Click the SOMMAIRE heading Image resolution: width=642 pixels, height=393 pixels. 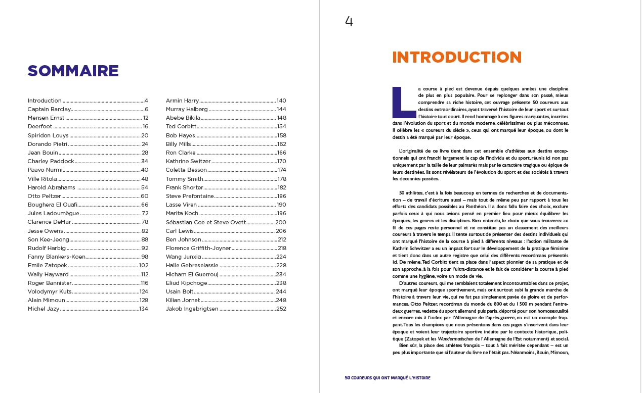73,71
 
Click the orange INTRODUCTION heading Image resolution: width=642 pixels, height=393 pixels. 456,57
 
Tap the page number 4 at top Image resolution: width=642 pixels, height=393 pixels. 349,21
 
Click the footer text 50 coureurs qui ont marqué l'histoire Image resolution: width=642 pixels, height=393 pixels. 387,377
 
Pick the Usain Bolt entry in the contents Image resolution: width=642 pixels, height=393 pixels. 180,291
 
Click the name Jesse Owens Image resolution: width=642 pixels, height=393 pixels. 45,231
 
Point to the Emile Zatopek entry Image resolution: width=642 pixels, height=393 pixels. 47,266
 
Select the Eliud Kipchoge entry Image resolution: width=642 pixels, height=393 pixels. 186,283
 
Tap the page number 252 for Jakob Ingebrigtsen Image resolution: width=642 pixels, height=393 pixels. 281,309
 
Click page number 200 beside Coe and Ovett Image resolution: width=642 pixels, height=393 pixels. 280,222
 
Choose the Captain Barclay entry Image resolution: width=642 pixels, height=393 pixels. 49,109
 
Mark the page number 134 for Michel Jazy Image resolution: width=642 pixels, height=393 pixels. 144,309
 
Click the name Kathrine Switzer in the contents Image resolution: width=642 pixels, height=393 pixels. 188,162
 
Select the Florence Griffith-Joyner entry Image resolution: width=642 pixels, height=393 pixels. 198,248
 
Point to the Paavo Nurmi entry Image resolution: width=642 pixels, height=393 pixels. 45,170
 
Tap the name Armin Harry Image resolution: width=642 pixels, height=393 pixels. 182,101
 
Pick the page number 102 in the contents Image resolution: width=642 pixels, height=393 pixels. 144,266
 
